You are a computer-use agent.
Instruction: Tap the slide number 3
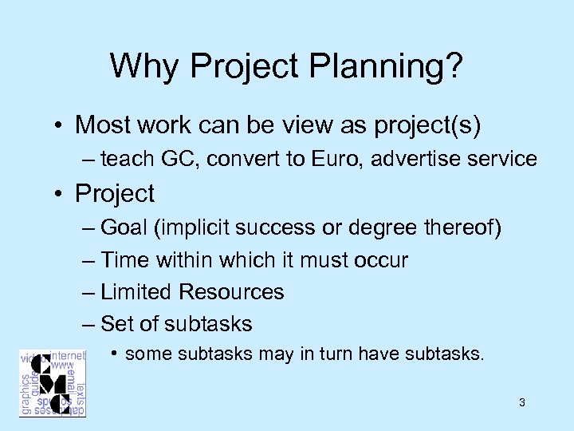click(521, 402)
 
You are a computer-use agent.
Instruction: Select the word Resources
click(231, 291)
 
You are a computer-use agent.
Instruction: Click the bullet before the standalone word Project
click(60, 194)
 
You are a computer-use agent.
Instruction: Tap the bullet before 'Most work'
click(60, 125)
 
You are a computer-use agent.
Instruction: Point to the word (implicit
click(195, 227)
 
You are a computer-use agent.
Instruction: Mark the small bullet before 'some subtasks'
click(116, 353)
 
